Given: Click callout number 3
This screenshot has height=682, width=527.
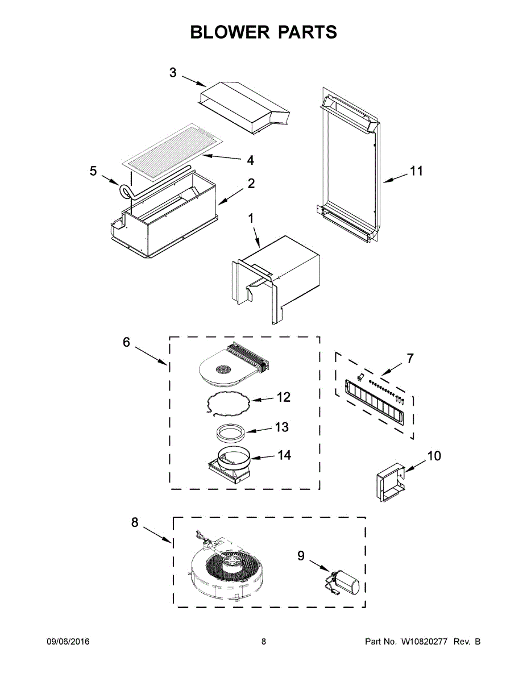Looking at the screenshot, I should [x=173, y=73].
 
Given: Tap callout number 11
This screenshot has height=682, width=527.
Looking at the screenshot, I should [x=417, y=170].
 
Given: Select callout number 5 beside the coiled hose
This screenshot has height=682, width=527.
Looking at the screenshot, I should [x=93, y=171].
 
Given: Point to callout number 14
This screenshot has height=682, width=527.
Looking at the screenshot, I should [x=284, y=455].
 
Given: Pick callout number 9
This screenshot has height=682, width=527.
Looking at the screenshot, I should [x=301, y=556].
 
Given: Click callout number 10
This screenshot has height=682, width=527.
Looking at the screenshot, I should [x=434, y=456].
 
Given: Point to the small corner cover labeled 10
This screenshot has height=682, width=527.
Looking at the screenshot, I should [x=389, y=483].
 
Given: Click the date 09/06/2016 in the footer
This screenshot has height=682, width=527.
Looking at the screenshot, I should [x=68, y=642].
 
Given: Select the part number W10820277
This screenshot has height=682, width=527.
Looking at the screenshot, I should [x=425, y=642].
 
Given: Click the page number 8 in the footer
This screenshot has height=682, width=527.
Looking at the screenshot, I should [x=264, y=642].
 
